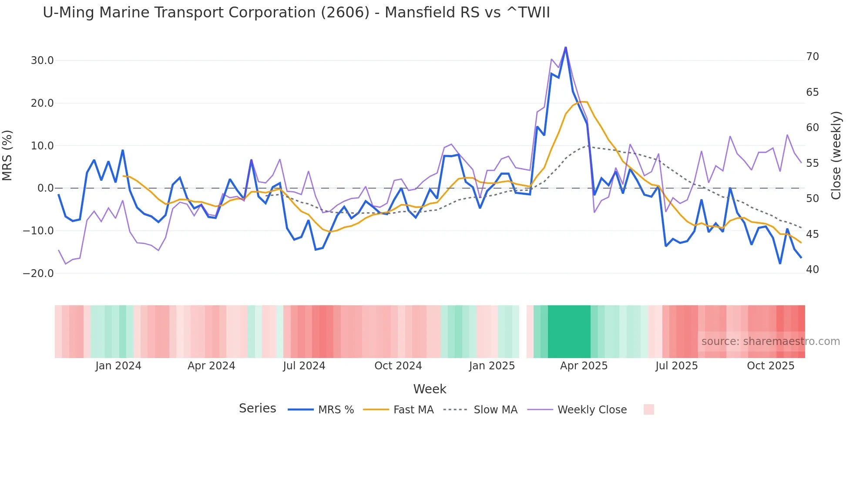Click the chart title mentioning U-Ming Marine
coord(296,13)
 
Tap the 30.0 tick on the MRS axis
coord(42,61)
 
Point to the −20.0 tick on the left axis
coord(39,274)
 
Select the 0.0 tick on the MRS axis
coord(46,188)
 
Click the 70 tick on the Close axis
coord(813,57)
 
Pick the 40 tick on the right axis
coord(813,270)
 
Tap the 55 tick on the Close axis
coord(813,163)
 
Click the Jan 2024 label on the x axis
coord(118,366)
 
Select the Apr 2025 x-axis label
coord(584,366)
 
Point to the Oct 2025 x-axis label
coord(771,366)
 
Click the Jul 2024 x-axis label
coord(304,366)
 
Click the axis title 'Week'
coord(430,389)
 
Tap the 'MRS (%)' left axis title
coord(7,155)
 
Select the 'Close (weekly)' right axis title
coord(836,155)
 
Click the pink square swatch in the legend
coord(648,409)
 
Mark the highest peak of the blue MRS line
coord(565,47)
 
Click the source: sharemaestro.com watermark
coord(770,341)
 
